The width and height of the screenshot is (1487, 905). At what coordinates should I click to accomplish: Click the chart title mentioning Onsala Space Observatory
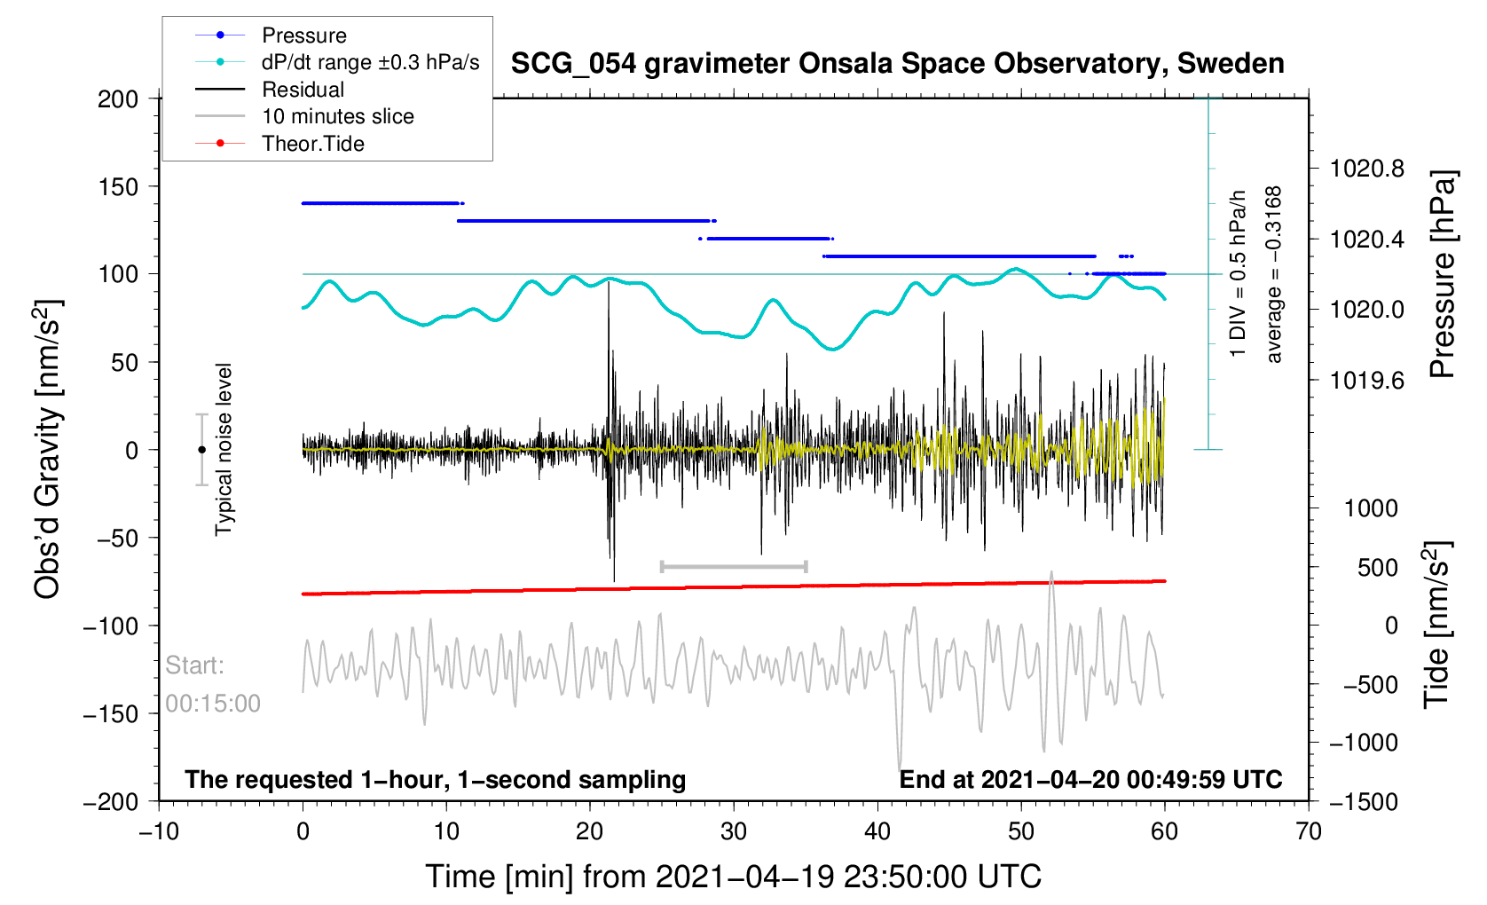coord(897,64)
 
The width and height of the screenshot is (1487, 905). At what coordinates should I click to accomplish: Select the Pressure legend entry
coord(303,35)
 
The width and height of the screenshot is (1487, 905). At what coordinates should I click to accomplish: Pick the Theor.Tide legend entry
coord(312,144)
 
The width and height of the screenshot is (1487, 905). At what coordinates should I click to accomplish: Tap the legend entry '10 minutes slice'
coord(337,116)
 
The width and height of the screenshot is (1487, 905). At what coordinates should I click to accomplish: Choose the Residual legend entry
coord(303,90)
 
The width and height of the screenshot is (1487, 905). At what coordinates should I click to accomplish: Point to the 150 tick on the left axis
coord(118,186)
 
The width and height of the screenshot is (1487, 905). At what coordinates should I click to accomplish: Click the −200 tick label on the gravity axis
coord(111,801)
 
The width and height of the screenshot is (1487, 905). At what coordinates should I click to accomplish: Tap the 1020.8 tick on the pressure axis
coord(1366,169)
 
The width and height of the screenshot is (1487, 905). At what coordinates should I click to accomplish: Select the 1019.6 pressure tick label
coord(1366,381)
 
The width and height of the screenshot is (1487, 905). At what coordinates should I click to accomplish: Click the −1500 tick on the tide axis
coord(1363,801)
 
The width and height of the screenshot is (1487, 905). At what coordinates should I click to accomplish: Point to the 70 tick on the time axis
coord(1308,831)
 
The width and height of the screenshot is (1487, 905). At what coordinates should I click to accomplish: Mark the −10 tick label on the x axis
coord(160,831)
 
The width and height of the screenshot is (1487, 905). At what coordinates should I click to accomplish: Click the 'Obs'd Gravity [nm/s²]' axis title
coord(48,450)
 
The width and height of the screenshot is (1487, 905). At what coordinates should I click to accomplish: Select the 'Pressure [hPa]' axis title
coord(1443,274)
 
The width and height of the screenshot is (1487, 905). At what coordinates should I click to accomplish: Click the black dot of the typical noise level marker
coord(201,450)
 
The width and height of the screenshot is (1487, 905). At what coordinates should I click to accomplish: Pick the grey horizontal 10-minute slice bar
coord(734,566)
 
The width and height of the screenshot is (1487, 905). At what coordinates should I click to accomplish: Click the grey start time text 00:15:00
coord(213,704)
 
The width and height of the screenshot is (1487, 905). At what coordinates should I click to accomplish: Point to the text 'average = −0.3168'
coord(1274,274)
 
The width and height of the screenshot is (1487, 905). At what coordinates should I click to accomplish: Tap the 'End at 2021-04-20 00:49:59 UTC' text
coord(1090,780)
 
